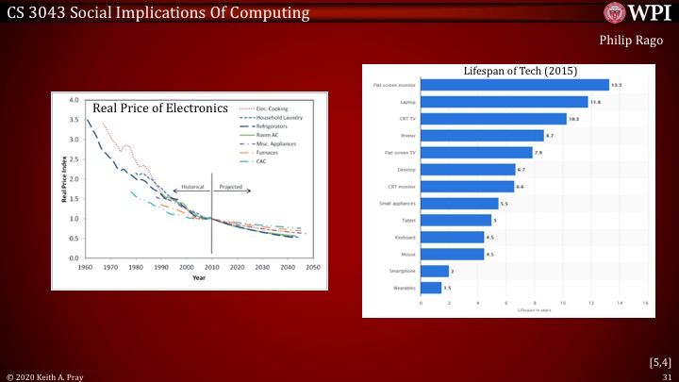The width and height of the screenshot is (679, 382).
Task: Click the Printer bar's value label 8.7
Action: pos(551,136)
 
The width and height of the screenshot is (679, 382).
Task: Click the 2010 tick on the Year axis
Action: pos(211,267)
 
